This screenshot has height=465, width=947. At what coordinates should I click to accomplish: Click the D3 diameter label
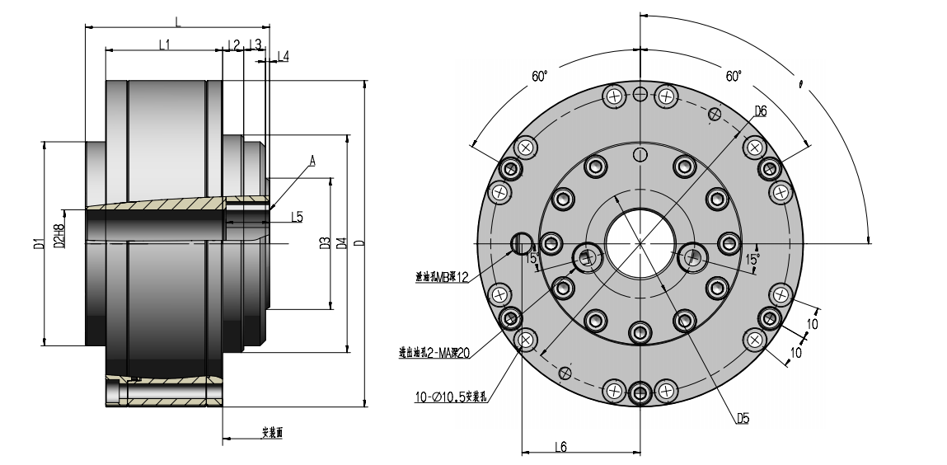coord(324,243)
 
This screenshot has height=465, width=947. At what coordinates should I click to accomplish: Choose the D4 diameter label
coord(341,243)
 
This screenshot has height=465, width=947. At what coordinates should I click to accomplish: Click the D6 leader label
coord(760,110)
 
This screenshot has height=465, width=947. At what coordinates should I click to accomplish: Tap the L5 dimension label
coord(297,218)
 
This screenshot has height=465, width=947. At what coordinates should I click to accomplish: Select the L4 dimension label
coord(283,56)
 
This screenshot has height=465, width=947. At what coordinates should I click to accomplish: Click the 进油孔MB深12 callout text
coord(442,278)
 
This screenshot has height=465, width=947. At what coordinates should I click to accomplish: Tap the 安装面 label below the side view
coord(272,432)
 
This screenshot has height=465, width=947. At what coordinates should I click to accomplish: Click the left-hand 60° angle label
coord(539,76)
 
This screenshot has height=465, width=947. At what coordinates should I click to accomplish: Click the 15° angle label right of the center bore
coord(752,259)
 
